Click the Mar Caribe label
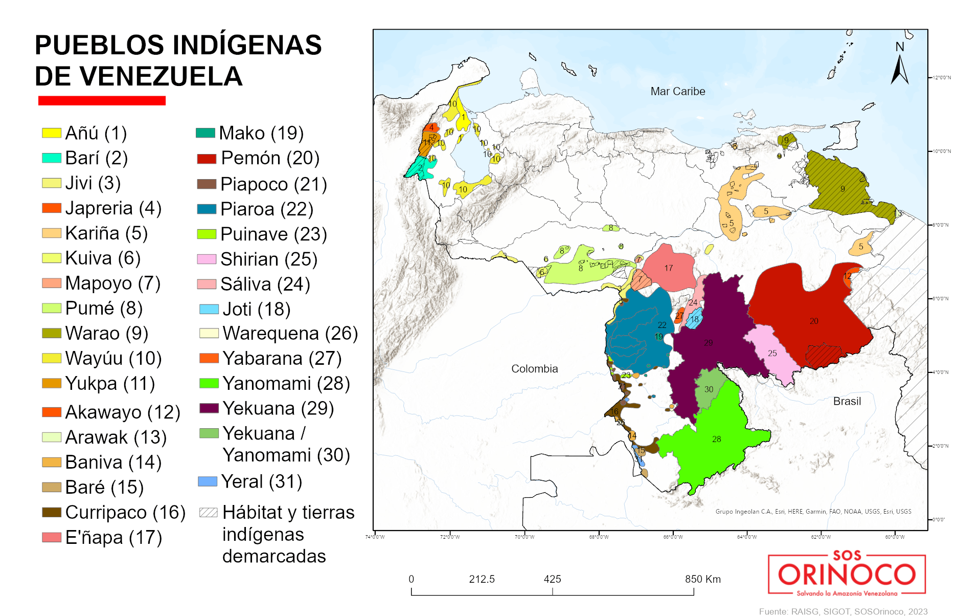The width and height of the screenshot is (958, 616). click(x=677, y=92)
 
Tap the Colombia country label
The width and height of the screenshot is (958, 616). click(x=534, y=369)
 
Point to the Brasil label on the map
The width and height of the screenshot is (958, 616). click(x=847, y=402)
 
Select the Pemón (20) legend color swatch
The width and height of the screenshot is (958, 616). click(x=207, y=159)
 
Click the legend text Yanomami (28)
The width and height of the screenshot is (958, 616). click(x=286, y=384)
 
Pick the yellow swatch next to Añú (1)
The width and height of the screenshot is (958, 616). click(x=51, y=134)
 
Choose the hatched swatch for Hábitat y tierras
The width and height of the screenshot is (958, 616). click(x=209, y=512)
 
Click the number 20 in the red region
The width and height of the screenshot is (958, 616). click(x=813, y=321)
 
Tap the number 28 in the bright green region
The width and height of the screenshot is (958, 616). click(x=716, y=439)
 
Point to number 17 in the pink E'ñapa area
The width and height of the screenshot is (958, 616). click(x=668, y=268)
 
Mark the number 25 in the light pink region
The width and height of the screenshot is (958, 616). click(x=772, y=354)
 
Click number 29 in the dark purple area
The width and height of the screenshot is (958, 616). click(x=708, y=343)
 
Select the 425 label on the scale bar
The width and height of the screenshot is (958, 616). click(x=552, y=579)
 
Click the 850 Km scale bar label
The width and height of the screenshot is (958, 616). click(x=702, y=579)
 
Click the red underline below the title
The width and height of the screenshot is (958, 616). click(x=102, y=101)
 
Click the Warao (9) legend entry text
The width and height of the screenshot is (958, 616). click(x=106, y=334)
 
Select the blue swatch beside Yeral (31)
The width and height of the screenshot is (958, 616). click(x=208, y=481)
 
